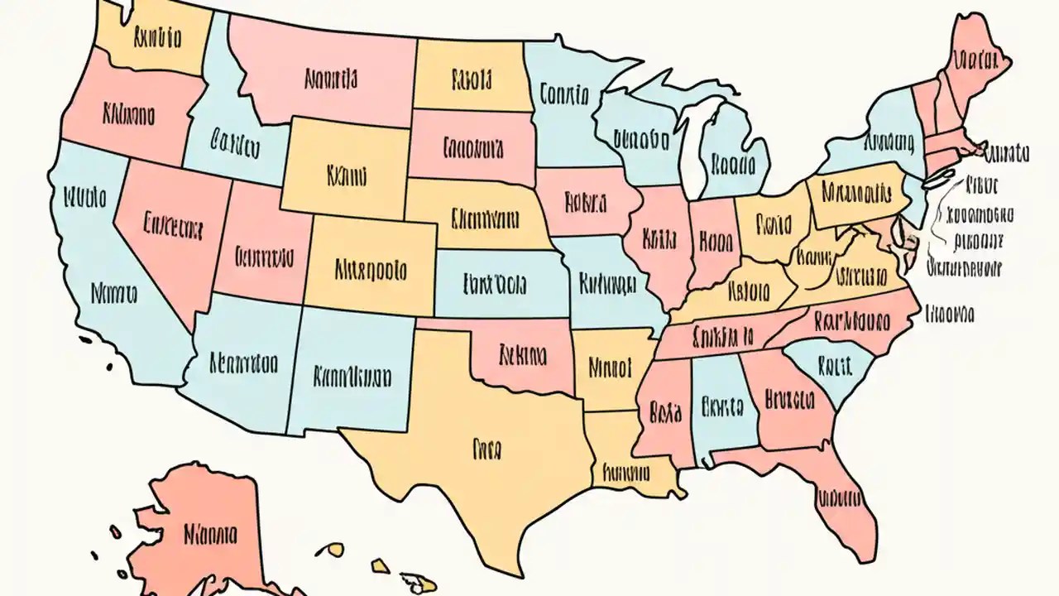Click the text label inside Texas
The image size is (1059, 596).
click(487, 449)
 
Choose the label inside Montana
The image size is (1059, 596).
click(331, 79)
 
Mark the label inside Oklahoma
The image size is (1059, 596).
click(523, 356)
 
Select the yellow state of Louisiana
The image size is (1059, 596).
click(626, 473)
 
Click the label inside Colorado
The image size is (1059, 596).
click(371, 270)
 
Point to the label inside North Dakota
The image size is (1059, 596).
click(472, 80)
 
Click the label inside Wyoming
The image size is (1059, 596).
click(347, 176)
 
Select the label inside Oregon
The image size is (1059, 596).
click(128, 115)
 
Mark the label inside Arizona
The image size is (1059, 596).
click(243, 363)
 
